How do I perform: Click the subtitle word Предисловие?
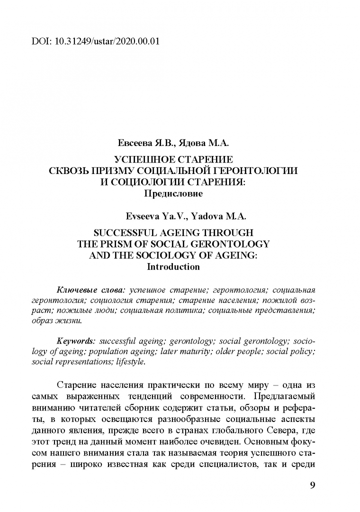click(x=173, y=193)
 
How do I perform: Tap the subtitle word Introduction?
click(x=173, y=266)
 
